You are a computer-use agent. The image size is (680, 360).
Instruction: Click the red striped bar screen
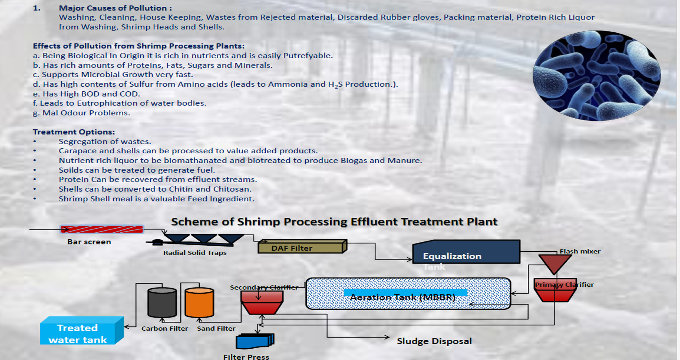click(102, 229)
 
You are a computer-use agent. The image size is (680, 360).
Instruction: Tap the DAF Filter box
click(302, 247)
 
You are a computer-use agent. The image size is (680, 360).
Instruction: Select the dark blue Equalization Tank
click(466, 252)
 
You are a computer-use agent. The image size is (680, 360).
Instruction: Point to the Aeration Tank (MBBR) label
click(402, 297)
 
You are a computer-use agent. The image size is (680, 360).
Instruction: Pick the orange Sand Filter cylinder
click(199, 303)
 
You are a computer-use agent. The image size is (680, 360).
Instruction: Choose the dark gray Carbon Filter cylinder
click(162, 303)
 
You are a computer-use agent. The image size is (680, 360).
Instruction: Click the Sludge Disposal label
click(434, 341)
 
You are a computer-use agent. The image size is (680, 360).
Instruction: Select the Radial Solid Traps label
click(195, 253)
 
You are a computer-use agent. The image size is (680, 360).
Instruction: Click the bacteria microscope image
click(596, 75)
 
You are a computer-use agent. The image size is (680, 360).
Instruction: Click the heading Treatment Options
click(74, 132)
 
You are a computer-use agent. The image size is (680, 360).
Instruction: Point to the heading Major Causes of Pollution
click(115, 8)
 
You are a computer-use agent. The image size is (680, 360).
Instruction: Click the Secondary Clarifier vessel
click(262, 303)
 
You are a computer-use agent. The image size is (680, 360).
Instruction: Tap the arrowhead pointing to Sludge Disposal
click(387, 337)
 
